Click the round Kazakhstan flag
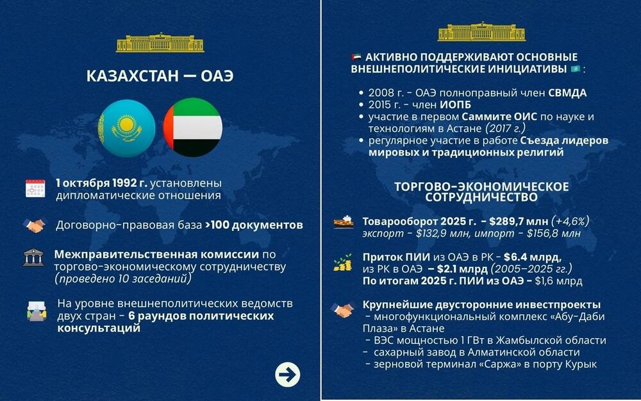[126, 128]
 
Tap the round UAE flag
[193, 128]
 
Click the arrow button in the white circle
[287, 375]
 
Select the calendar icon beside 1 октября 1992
[35, 189]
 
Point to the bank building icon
[34, 257]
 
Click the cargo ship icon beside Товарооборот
[344, 222]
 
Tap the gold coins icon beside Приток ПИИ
[343, 262]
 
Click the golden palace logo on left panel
[160, 42]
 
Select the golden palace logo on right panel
[481, 31]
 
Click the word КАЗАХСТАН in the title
[133, 76]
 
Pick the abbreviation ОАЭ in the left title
[217, 76]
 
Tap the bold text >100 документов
[254, 225]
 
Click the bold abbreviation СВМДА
[567, 93]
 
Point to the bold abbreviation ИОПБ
[456, 105]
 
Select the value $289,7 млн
[519, 221]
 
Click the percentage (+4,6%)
[570, 221]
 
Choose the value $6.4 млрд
[533, 257]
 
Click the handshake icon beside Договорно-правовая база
[35, 225]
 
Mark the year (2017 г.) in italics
[505, 128]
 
